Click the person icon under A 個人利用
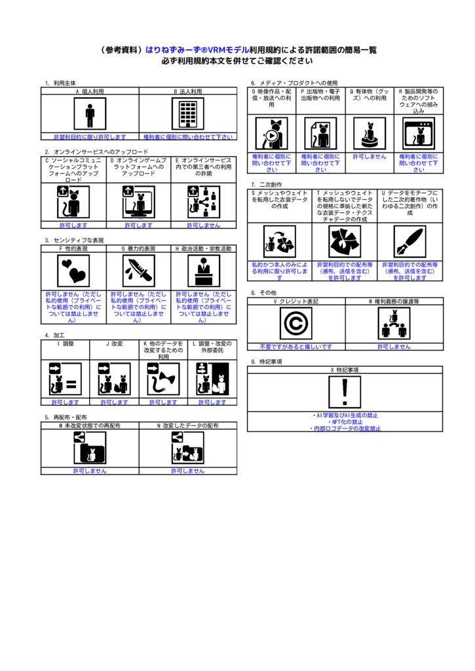coord(90,115)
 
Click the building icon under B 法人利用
coord(187,115)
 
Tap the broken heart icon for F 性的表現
coord(73,269)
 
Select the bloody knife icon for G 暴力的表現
coord(138,269)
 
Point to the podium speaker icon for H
coord(204,269)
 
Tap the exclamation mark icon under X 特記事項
coord(345,393)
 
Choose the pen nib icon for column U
coord(410,241)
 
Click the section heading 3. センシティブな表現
coord(74,240)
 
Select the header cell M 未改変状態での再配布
coord(90,426)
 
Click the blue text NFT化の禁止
coord(345,422)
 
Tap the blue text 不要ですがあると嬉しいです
coord(295,347)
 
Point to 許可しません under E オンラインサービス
coord(204,225)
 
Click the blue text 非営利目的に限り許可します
coord(90,137)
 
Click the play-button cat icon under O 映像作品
coord(271,134)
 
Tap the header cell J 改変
coord(114,343)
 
